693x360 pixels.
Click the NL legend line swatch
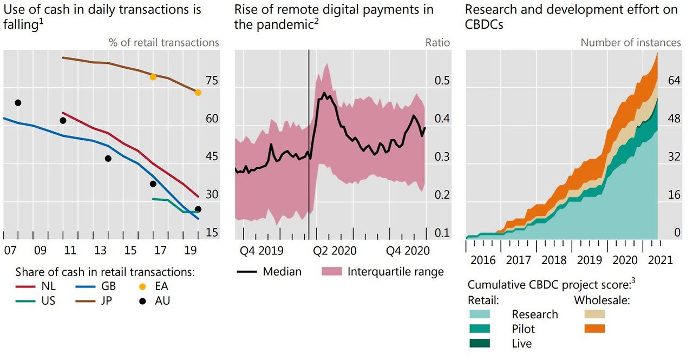point(25,287)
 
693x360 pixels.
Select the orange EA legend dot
point(142,287)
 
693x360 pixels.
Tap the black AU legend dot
point(142,301)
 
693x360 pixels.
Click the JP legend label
point(106,300)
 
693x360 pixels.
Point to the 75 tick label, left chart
point(212,81)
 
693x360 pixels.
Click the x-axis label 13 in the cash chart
point(100,250)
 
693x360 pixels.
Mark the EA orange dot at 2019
point(198,93)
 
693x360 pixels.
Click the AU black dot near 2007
point(18,103)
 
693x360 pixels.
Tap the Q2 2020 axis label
point(335,251)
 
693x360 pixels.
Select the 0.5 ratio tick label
point(442,81)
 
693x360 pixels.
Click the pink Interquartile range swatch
point(332,272)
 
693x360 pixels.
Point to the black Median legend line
point(246,272)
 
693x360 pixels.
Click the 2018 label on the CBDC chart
point(554,260)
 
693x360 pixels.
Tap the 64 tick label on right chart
point(674,81)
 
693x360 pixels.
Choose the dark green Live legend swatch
point(480,343)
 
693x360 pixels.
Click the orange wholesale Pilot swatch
point(594,329)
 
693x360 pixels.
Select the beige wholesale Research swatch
point(594,314)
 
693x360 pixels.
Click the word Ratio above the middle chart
point(437,42)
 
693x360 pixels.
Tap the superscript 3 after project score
point(633,280)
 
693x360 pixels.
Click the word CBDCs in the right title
point(484,24)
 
